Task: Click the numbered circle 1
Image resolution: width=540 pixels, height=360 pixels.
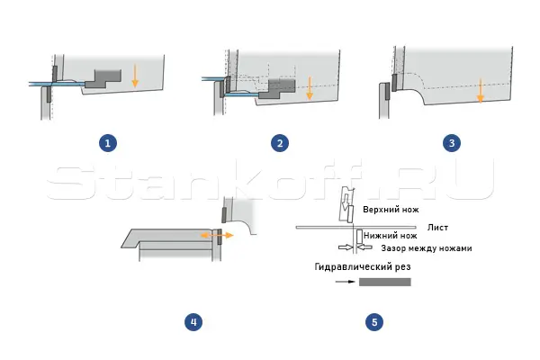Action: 108,143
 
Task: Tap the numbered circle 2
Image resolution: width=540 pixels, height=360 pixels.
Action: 280,143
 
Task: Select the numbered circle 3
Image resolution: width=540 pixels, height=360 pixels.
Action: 452,143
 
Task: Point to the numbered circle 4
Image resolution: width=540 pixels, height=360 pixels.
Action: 193,322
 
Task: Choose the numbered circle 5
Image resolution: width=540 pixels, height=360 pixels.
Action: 374,322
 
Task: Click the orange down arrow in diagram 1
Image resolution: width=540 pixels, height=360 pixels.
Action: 135,76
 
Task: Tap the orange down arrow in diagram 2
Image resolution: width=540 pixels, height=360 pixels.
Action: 310,88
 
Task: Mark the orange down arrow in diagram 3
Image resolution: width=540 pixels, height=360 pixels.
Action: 481,91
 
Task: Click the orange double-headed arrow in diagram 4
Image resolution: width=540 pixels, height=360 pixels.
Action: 217,235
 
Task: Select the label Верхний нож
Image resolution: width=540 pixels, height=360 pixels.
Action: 391,210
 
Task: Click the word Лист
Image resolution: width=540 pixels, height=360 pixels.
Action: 437,228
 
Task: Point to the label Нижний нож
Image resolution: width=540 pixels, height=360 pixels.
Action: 391,236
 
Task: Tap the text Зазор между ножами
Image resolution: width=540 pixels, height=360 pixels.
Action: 427,248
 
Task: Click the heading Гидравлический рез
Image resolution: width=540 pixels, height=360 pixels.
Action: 363,266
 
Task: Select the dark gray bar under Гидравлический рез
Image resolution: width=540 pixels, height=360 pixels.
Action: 385,282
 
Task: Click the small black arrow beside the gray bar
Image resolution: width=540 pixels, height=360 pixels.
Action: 345,282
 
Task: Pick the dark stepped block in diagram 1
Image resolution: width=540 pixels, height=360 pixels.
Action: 103,78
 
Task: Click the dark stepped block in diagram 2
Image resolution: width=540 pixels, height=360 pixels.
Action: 277,89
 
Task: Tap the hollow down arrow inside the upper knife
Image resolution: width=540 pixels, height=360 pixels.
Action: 346,202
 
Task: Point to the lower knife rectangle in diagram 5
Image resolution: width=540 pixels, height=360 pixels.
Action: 359,237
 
